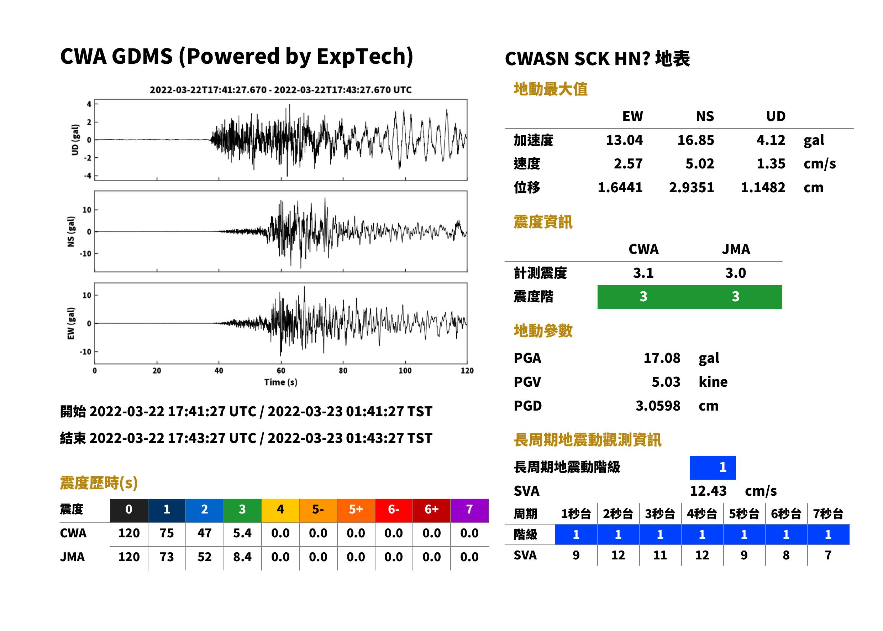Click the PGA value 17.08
pos(662,358)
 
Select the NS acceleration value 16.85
pos(695,140)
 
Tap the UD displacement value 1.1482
pos(763,187)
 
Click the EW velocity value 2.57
pos(628,163)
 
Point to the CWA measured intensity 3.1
pos(643,273)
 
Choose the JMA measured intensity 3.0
pos(735,273)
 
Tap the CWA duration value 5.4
pos(242,533)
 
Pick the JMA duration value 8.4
pos(242,557)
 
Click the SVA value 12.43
pos(708,491)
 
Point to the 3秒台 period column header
pos(660,513)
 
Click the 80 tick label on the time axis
pos(343,371)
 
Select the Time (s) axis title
pos(281,382)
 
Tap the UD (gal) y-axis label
pos(75,140)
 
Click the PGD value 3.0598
pos(658,406)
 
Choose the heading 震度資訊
pos(543,222)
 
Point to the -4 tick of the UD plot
pos(88,176)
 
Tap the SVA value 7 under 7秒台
pos(828,555)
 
